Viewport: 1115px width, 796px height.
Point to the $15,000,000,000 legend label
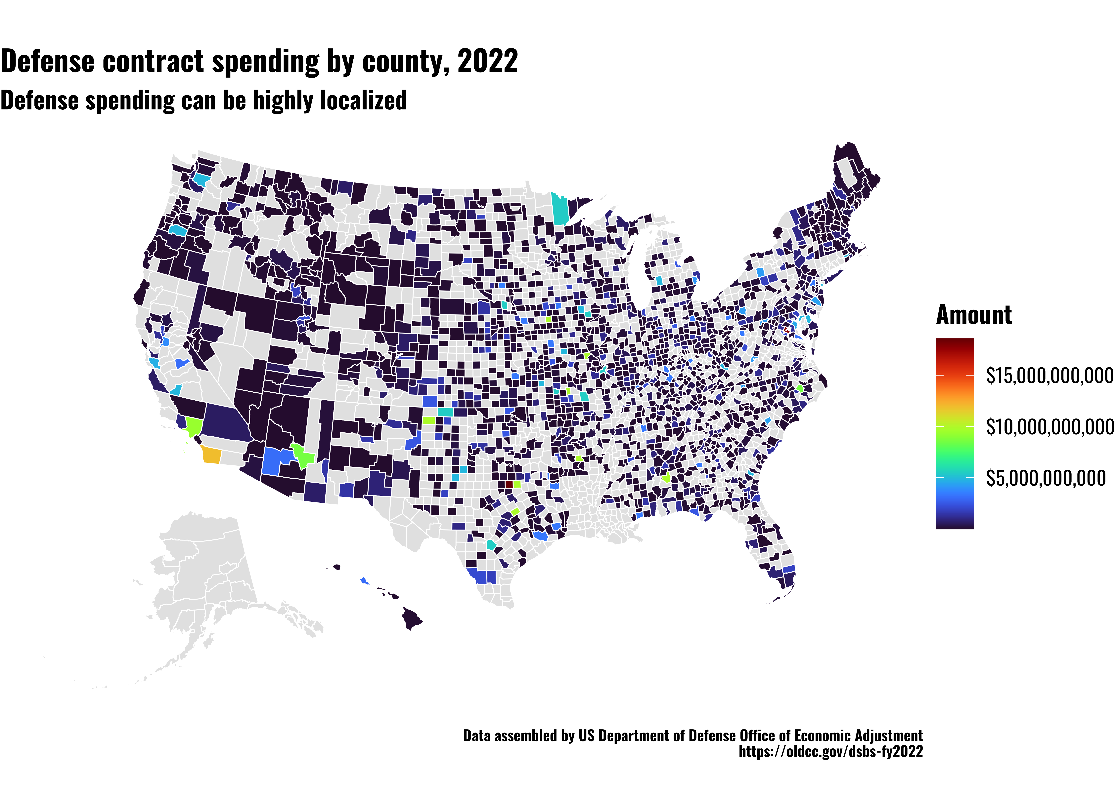click(x=1049, y=376)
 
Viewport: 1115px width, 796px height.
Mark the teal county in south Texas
click(x=491, y=545)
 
